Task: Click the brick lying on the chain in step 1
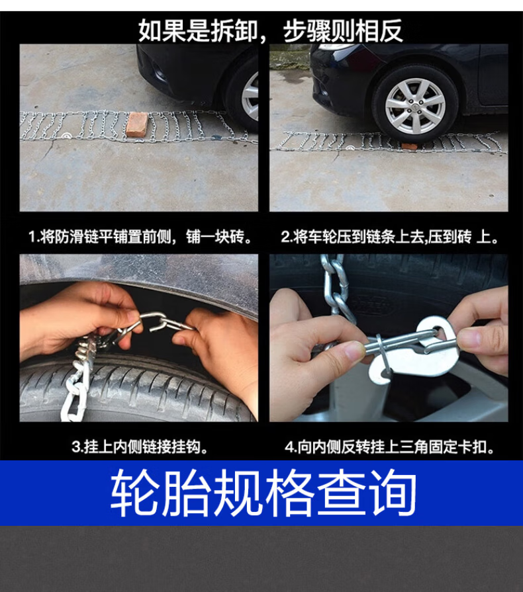138,124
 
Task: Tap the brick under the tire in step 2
409,146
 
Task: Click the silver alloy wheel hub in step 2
414,106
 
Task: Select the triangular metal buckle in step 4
420,349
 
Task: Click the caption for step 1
140,237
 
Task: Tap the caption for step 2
389,237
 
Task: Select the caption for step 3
140,446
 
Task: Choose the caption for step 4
390,446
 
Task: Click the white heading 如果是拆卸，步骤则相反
270,30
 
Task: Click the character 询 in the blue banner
393,492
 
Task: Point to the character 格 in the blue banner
289,492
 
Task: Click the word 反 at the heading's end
391,30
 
